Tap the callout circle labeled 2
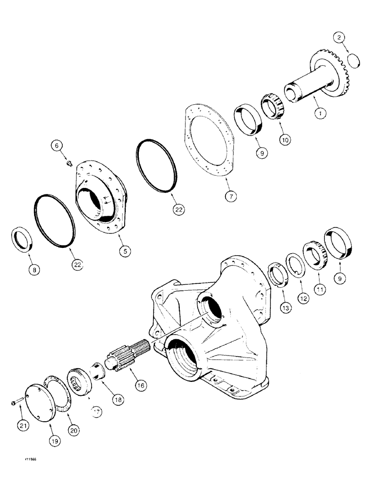[x=339, y=37]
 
